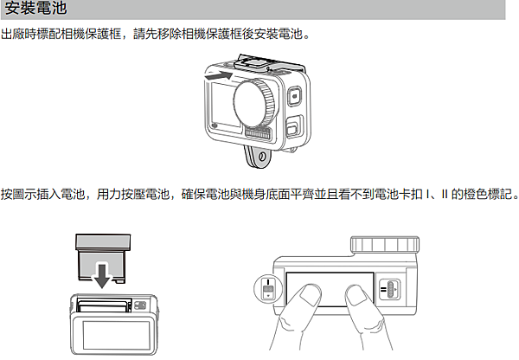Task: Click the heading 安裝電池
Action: point(35,8)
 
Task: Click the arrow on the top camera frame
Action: point(219,76)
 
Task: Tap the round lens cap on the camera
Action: point(253,103)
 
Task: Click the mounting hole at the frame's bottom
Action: point(262,156)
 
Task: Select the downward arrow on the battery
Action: point(102,275)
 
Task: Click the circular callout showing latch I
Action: point(268,288)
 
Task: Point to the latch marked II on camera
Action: point(389,289)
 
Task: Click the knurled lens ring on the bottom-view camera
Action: point(385,244)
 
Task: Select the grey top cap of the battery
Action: point(103,241)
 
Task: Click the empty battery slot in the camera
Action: point(104,305)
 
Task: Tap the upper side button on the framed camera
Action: point(294,96)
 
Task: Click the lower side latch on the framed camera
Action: point(294,126)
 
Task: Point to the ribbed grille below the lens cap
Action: point(259,133)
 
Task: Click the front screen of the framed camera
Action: point(225,106)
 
